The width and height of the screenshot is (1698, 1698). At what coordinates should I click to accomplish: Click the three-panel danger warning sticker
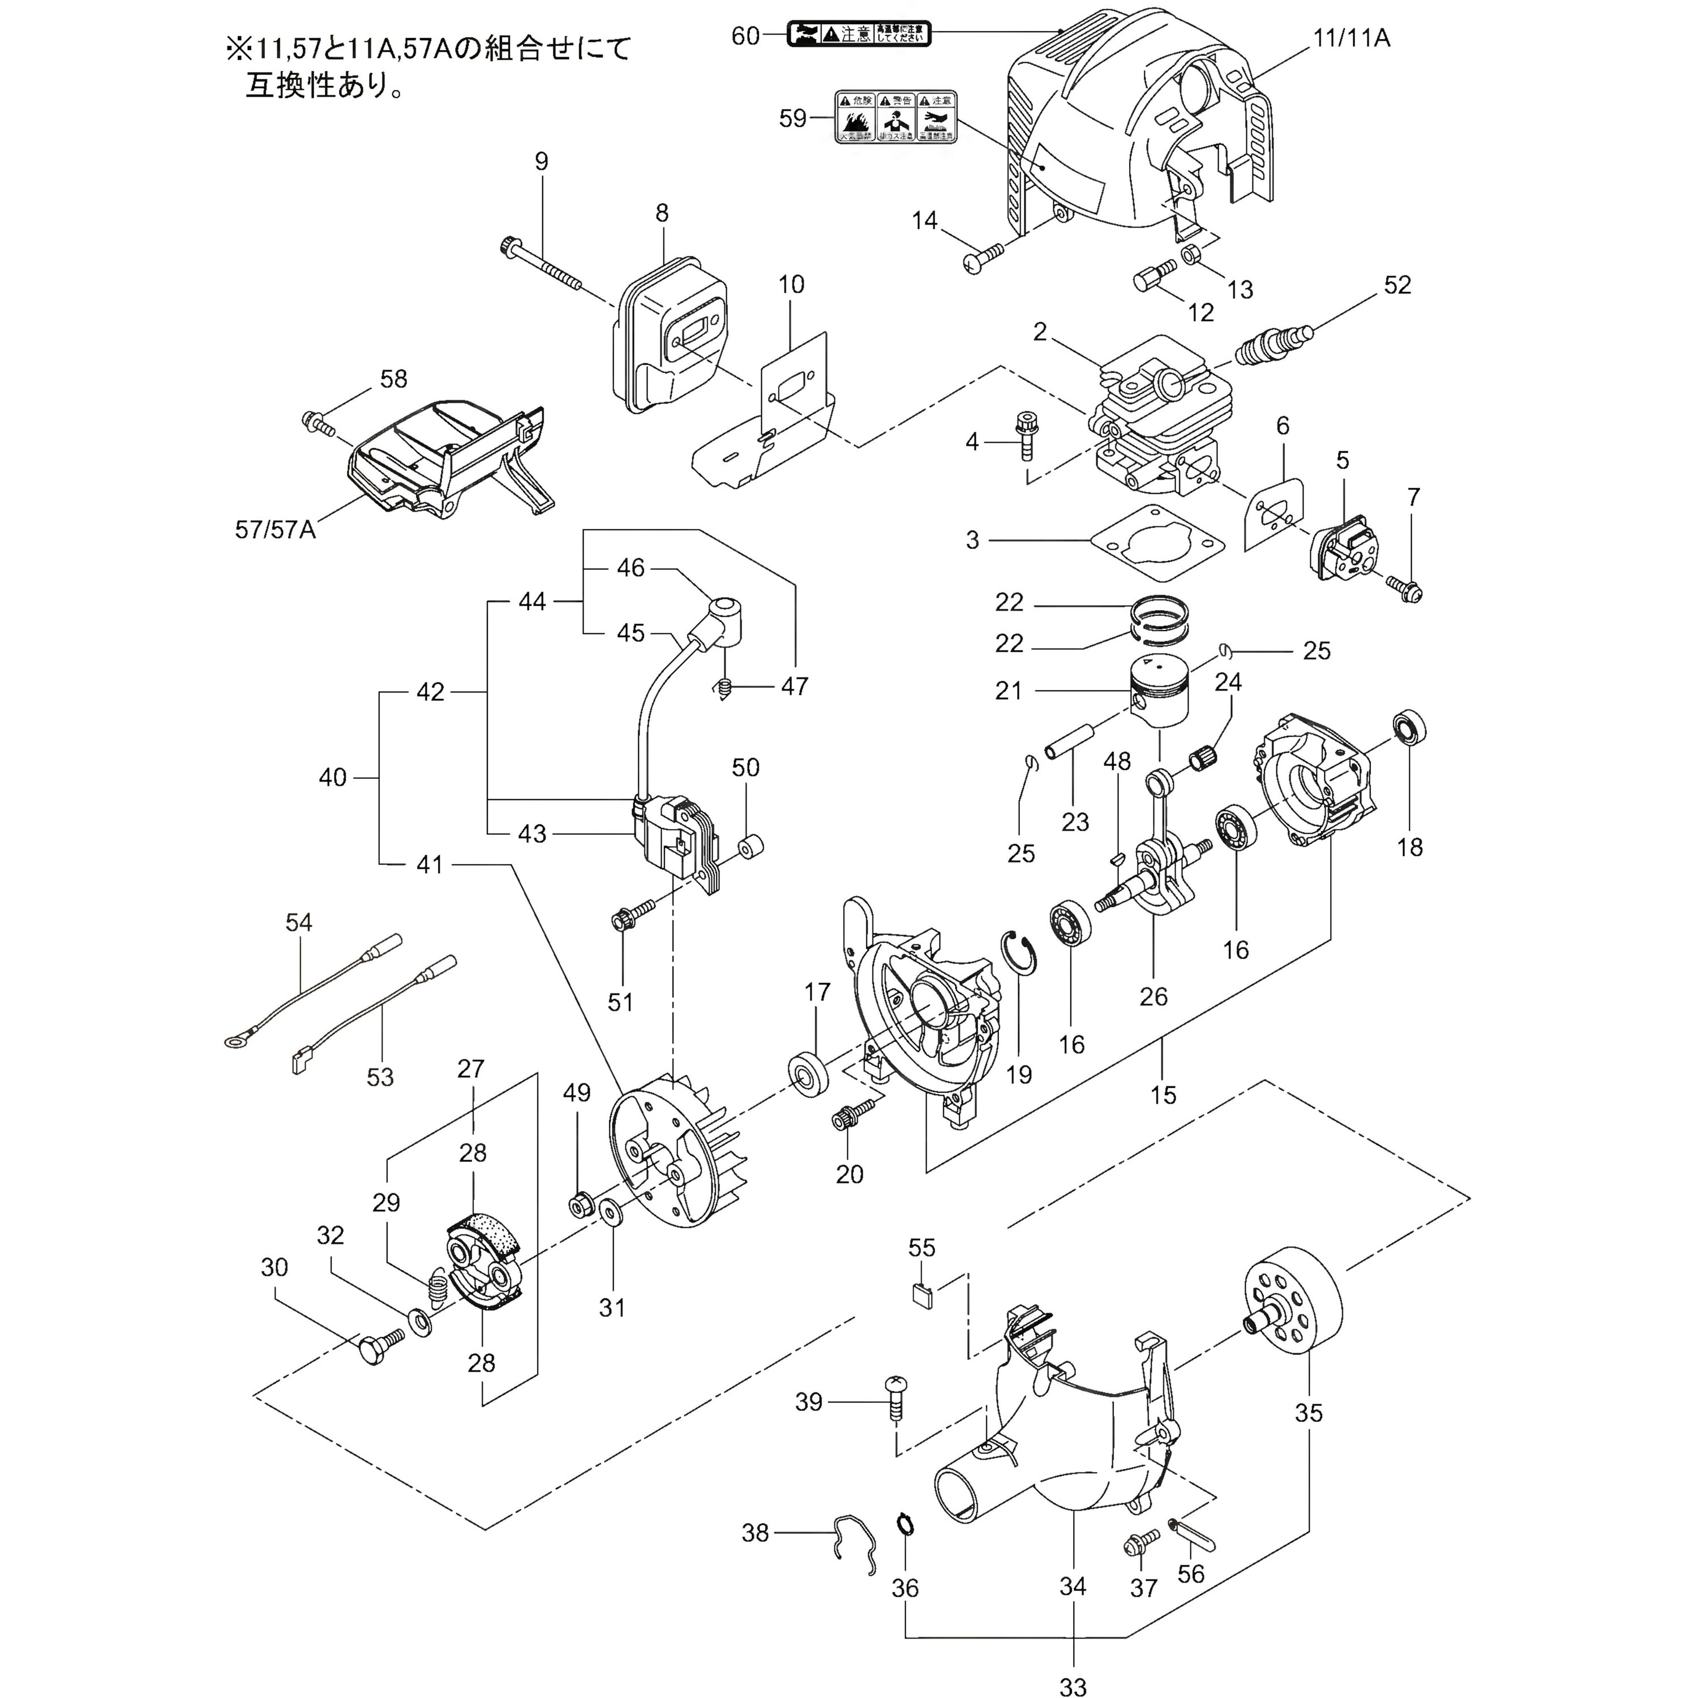coord(895,118)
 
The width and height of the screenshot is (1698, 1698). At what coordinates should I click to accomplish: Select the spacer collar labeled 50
coord(749,847)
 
